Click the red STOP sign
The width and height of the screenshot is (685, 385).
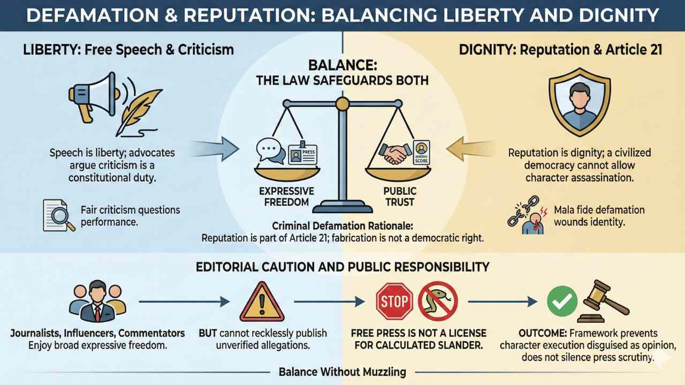coord(394,302)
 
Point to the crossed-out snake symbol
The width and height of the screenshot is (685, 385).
coord(438,302)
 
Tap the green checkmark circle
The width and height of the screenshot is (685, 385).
coord(562,301)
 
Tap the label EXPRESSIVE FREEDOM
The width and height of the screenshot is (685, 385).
coord(286,197)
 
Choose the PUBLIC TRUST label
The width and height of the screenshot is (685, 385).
coord(399,197)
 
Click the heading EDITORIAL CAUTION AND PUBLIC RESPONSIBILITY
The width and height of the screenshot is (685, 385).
coord(342,266)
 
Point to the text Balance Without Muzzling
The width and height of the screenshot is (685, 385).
coord(342,372)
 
